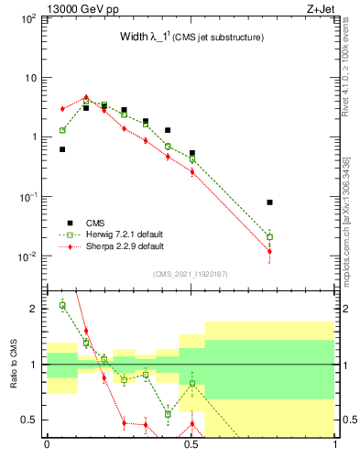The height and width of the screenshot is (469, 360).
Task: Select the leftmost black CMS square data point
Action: tap(62, 149)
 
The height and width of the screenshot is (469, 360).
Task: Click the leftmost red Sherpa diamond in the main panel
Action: tap(62, 108)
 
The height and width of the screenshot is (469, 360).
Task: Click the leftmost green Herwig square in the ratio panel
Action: tap(62, 305)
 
